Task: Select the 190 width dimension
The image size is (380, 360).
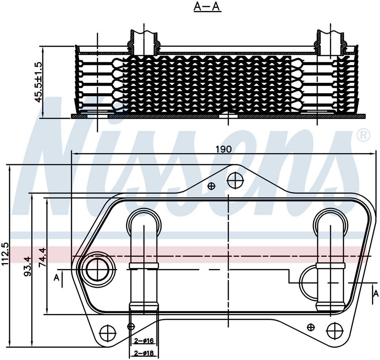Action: click(x=224, y=149)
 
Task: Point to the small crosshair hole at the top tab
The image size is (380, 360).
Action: click(x=212, y=186)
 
